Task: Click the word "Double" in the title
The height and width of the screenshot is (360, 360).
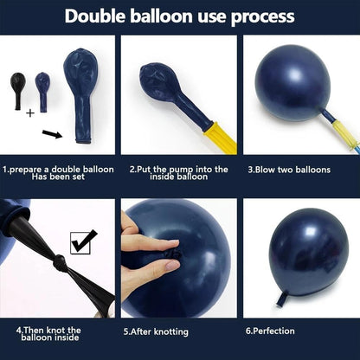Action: coord(95,16)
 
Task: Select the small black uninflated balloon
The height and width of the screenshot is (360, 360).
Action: coord(18,91)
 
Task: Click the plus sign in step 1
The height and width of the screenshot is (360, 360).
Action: coord(30,113)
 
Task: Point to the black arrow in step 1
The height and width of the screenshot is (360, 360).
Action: coord(52,134)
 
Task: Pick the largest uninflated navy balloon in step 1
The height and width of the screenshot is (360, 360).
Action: coord(81,95)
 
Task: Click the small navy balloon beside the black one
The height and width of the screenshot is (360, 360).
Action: coord(42,92)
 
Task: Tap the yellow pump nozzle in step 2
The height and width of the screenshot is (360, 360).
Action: coord(221,138)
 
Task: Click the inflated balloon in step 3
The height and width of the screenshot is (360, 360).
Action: coord(292,83)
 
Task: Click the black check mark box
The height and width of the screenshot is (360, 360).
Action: coord(84,242)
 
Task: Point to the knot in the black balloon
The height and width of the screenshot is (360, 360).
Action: coord(60,263)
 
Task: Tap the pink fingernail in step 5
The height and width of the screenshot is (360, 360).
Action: coord(172,265)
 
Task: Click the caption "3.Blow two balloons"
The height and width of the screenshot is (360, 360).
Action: coord(289,170)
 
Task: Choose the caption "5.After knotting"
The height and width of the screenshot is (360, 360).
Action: coord(156,331)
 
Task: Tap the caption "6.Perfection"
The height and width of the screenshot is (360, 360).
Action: coord(270,331)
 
